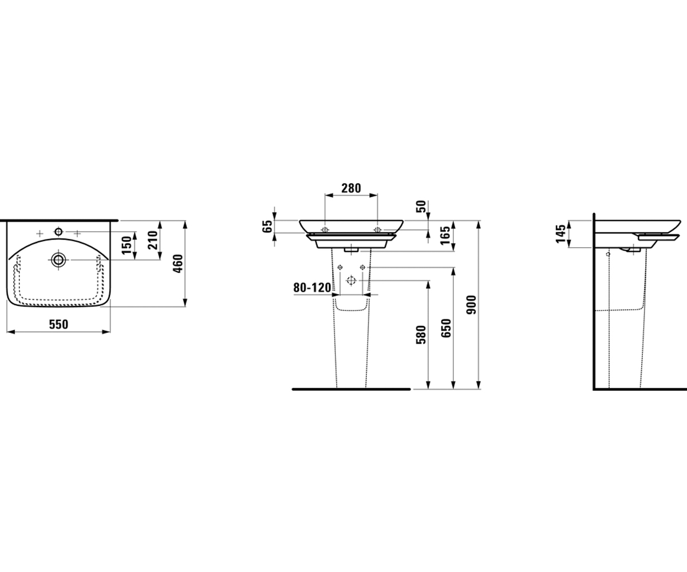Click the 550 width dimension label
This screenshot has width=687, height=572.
(58, 324)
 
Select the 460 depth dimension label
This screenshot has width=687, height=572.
(178, 263)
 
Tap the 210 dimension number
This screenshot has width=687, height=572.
(153, 240)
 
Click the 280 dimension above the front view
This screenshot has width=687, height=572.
(351, 188)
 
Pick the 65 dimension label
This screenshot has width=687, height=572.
(267, 226)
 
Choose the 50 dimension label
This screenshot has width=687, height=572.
(421, 206)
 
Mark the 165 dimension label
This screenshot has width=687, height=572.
(445, 235)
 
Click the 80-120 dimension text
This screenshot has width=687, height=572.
(312, 288)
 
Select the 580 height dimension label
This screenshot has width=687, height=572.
(421, 335)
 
